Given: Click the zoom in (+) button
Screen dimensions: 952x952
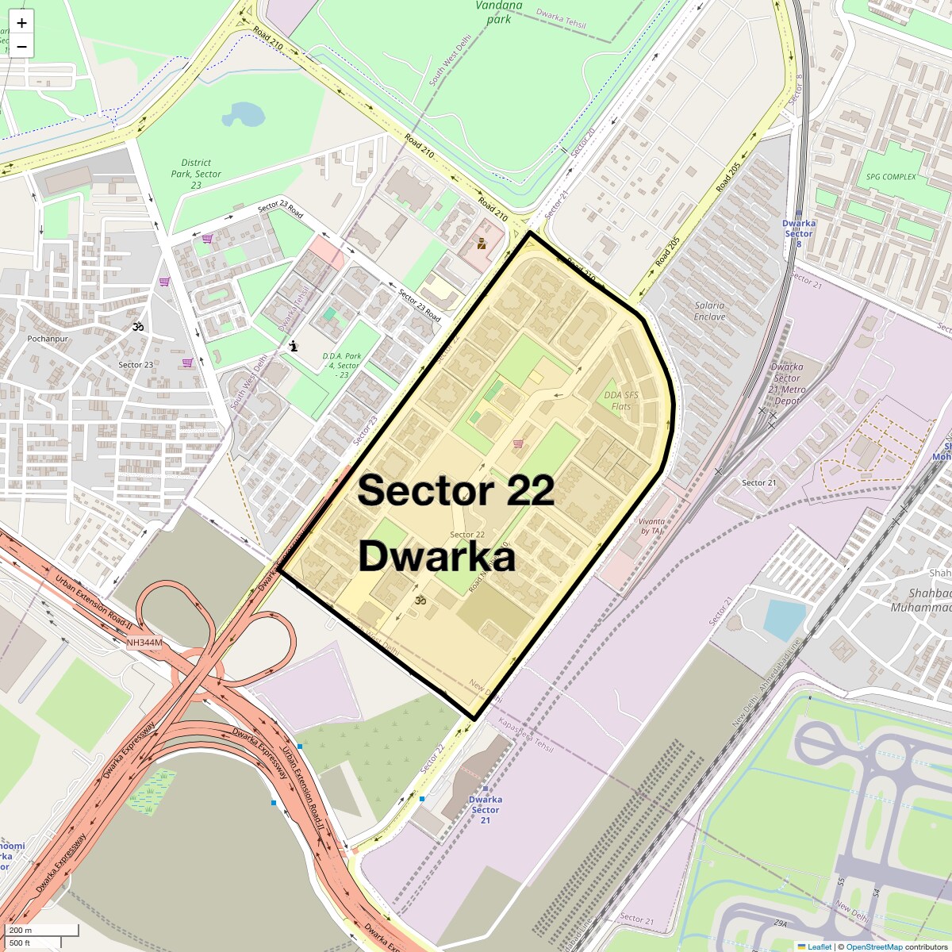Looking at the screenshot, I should pyautogui.click(x=21, y=23).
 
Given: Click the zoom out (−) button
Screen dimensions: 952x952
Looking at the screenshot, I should pyautogui.click(x=21, y=46).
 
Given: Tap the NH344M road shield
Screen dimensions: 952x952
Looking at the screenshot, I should pyautogui.click(x=144, y=643).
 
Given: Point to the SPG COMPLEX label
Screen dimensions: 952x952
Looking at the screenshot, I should pyautogui.click(x=890, y=177).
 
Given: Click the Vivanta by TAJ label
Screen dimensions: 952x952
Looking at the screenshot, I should pyautogui.click(x=651, y=526).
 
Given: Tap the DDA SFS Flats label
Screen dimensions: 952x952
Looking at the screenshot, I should pyautogui.click(x=621, y=401).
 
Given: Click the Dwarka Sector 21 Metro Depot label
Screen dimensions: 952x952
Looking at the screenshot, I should pyautogui.click(x=788, y=383).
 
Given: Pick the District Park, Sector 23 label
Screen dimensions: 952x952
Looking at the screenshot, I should pyautogui.click(x=196, y=174).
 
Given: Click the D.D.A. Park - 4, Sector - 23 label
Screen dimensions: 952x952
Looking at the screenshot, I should pyautogui.click(x=342, y=366).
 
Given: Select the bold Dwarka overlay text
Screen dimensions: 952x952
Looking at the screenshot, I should pyautogui.click(x=437, y=557).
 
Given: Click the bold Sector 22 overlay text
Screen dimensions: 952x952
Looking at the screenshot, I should pyautogui.click(x=455, y=490).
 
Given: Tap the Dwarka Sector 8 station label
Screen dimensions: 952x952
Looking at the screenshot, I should pyautogui.click(x=799, y=228).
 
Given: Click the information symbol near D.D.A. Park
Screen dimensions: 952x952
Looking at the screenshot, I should pyautogui.click(x=294, y=346).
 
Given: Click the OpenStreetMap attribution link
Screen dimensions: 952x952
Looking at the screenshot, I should pyautogui.click(x=873, y=946).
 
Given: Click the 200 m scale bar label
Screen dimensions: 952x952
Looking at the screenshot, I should pyautogui.click(x=21, y=931).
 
